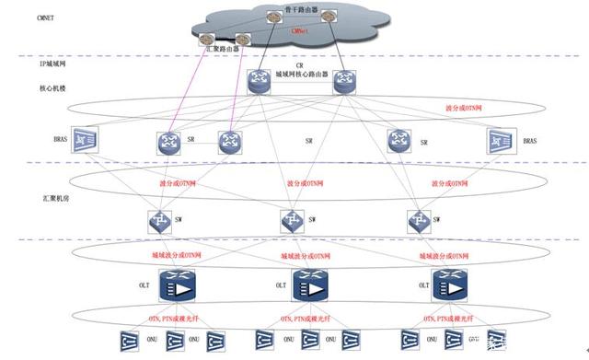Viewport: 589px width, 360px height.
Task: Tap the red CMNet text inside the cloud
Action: click(x=300, y=29)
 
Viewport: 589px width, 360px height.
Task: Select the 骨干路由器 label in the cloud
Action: click(x=300, y=10)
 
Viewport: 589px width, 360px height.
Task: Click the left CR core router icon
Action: click(x=258, y=83)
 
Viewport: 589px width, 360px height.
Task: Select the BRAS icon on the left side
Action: click(x=87, y=140)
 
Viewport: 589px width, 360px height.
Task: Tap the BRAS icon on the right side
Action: click(x=502, y=141)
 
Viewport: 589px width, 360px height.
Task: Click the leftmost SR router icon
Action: click(x=171, y=141)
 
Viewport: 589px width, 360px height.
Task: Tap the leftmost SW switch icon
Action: click(x=156, y=221)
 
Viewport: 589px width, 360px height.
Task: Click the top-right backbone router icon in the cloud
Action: click(x=329, y=17)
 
